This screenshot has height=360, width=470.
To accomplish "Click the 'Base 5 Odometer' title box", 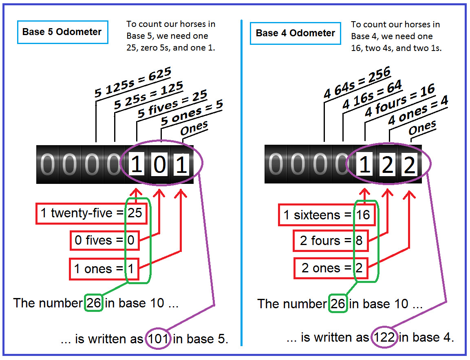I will (62, 32).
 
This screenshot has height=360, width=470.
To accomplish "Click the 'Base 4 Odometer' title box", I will (295, 33).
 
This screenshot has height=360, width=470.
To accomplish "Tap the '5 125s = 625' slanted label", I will (133, 82).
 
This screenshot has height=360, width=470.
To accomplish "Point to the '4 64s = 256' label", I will (357, 83).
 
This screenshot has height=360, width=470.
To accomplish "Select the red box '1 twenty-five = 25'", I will (91, 213).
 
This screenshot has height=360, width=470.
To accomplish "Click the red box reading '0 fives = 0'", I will (104, 240).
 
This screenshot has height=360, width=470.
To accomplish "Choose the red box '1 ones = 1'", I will (104, 269).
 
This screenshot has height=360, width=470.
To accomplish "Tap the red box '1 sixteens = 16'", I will (327, 215).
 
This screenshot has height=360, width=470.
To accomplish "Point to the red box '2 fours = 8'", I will (331, 241).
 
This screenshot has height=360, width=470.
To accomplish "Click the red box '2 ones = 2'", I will (331, 268).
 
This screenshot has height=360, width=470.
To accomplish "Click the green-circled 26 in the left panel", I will (94, 303).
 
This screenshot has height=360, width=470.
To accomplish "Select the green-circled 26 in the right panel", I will (337, 304).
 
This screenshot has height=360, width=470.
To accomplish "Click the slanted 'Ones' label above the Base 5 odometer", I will (194, 129).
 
